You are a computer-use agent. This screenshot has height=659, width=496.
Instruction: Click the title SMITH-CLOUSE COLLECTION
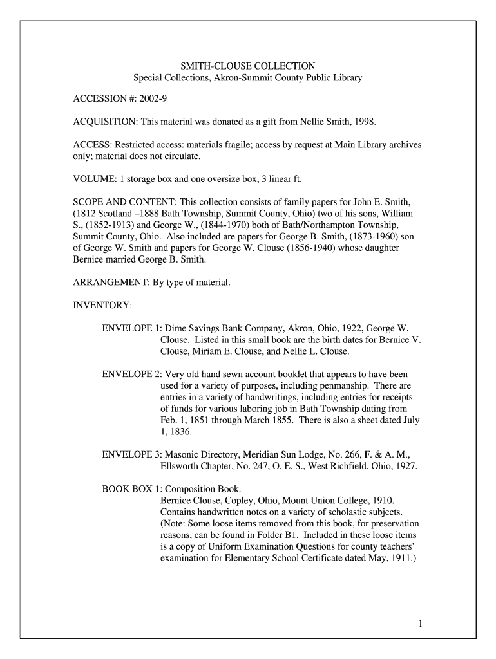click(247, 66)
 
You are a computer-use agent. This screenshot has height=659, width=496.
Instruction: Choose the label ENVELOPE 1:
click(132, 328)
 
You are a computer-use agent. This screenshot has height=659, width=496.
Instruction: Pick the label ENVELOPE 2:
click(132, 374)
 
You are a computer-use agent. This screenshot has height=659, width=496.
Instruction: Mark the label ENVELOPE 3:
click(132, 455)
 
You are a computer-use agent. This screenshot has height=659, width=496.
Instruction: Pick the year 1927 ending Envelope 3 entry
click(405, 467)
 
